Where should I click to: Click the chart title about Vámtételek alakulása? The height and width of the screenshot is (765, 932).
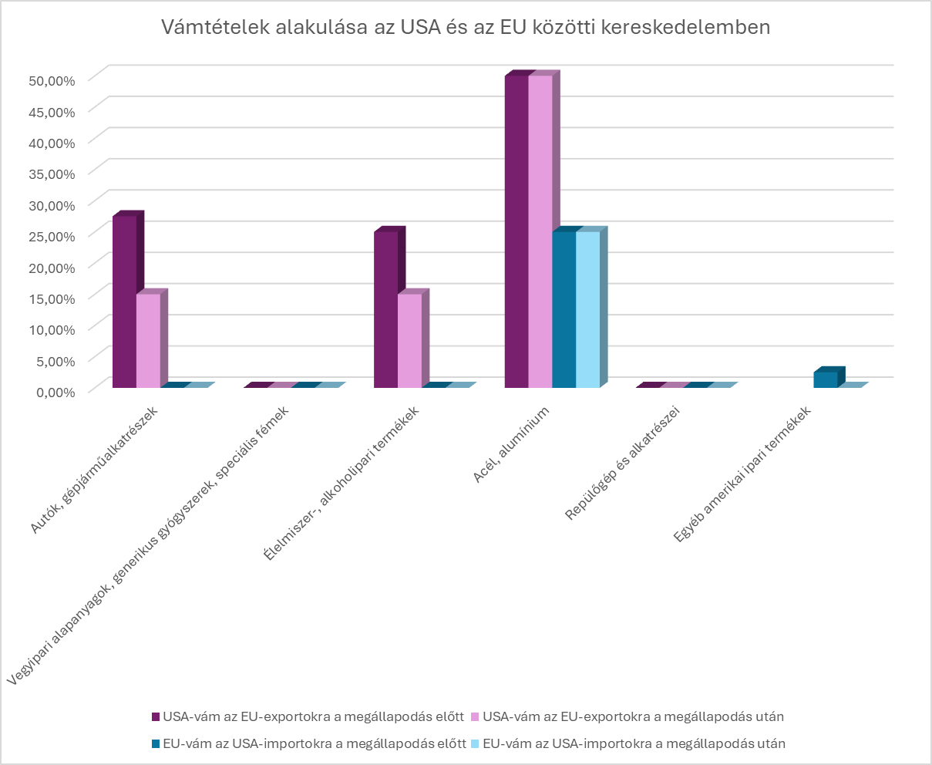(x=466, y=28)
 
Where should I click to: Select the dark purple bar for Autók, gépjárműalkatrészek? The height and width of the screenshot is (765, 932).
(x=124, y=301)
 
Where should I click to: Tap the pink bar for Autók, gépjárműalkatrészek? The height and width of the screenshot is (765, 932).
(x=148, y=340)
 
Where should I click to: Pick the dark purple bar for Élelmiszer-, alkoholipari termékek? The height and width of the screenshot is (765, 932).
(x=385, y=308)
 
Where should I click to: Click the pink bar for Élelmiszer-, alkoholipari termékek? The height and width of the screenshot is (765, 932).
(x=409, y=340)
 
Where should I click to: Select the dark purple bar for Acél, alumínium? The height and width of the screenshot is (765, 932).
(x=516, y=231)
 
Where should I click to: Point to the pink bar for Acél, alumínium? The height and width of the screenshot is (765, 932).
(x=540, y=231)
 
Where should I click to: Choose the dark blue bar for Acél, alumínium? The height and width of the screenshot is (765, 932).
(x=564, y=308)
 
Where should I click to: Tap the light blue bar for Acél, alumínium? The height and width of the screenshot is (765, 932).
(x=587, y=308)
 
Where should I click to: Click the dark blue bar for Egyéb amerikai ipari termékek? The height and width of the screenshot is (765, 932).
(x=825, y=379)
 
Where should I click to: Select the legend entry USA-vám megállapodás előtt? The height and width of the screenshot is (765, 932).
(x=308, y=716)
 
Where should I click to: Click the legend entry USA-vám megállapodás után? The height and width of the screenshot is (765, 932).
(x=628, y=716)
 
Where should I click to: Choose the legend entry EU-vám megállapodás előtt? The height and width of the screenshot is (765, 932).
(x=308, y=744)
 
